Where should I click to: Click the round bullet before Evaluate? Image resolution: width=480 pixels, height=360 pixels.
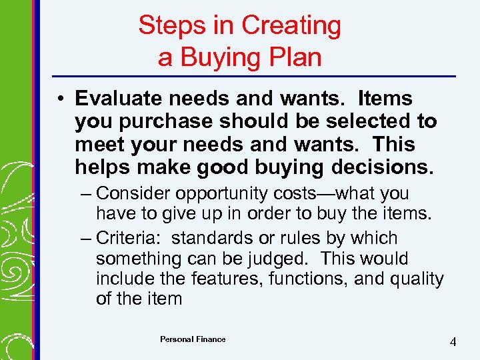(x=60, y=99)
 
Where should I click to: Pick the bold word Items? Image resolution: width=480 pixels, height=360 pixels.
(x=385, y=99)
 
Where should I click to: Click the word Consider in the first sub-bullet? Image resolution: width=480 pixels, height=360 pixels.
(x=132, y=194)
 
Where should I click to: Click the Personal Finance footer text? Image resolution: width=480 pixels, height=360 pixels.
(x=193, y=339)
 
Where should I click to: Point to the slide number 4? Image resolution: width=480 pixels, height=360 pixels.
(x=453, y=342)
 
